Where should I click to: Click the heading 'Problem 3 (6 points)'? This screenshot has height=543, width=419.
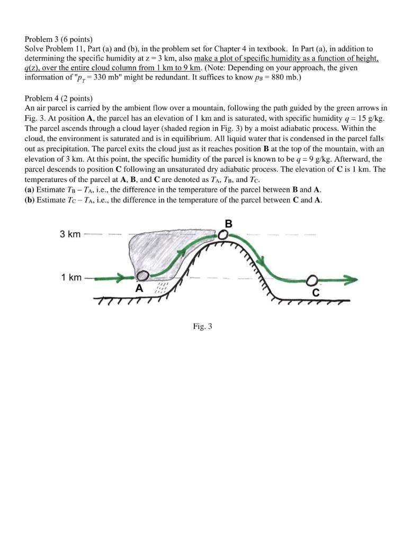coord(59,39)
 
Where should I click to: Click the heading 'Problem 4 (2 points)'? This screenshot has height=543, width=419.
coord(59,99)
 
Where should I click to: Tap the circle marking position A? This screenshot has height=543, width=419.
coord(142,276)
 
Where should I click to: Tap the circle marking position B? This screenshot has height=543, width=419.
coord(225,234)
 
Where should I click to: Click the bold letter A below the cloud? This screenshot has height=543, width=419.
coord(139,289)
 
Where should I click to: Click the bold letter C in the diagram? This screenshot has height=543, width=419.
coord(316,292)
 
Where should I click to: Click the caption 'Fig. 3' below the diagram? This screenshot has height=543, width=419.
coord(202,327)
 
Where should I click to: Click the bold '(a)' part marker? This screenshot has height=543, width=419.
coord(30,189)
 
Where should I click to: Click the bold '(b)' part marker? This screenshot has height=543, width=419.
coord(31,200)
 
